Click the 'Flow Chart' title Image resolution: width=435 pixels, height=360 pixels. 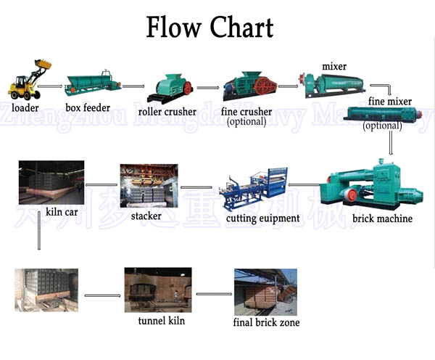pos(210,28)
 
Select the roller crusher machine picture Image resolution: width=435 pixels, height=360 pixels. pos(170,86)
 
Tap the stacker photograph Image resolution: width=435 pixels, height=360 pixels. pos(149,186)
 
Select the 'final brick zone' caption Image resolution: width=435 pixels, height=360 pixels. pos(266,322)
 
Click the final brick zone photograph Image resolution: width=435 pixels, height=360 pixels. pos(265,291)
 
